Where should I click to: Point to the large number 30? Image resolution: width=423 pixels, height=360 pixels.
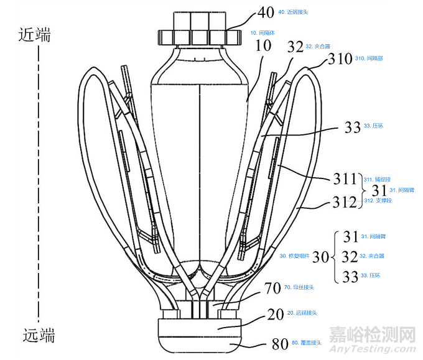tap(319, 256)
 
